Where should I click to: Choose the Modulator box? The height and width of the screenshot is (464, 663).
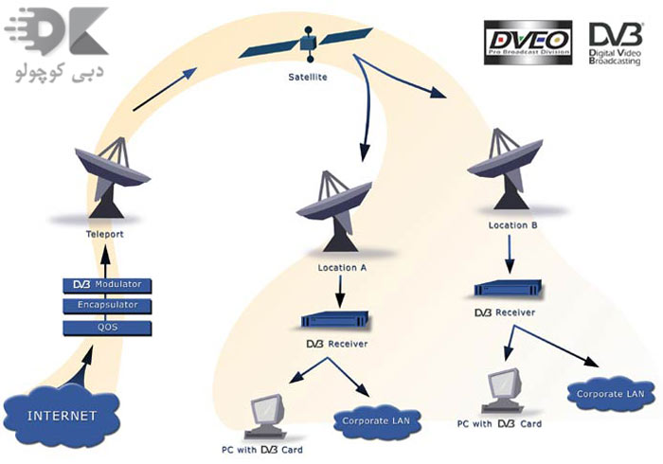pyautogui.click(x=106, y=284)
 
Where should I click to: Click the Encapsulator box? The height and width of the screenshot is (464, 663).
pyautogui.click(x=106, y=305)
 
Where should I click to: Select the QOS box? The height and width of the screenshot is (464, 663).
pyautogui.click(x=106, y=327)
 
